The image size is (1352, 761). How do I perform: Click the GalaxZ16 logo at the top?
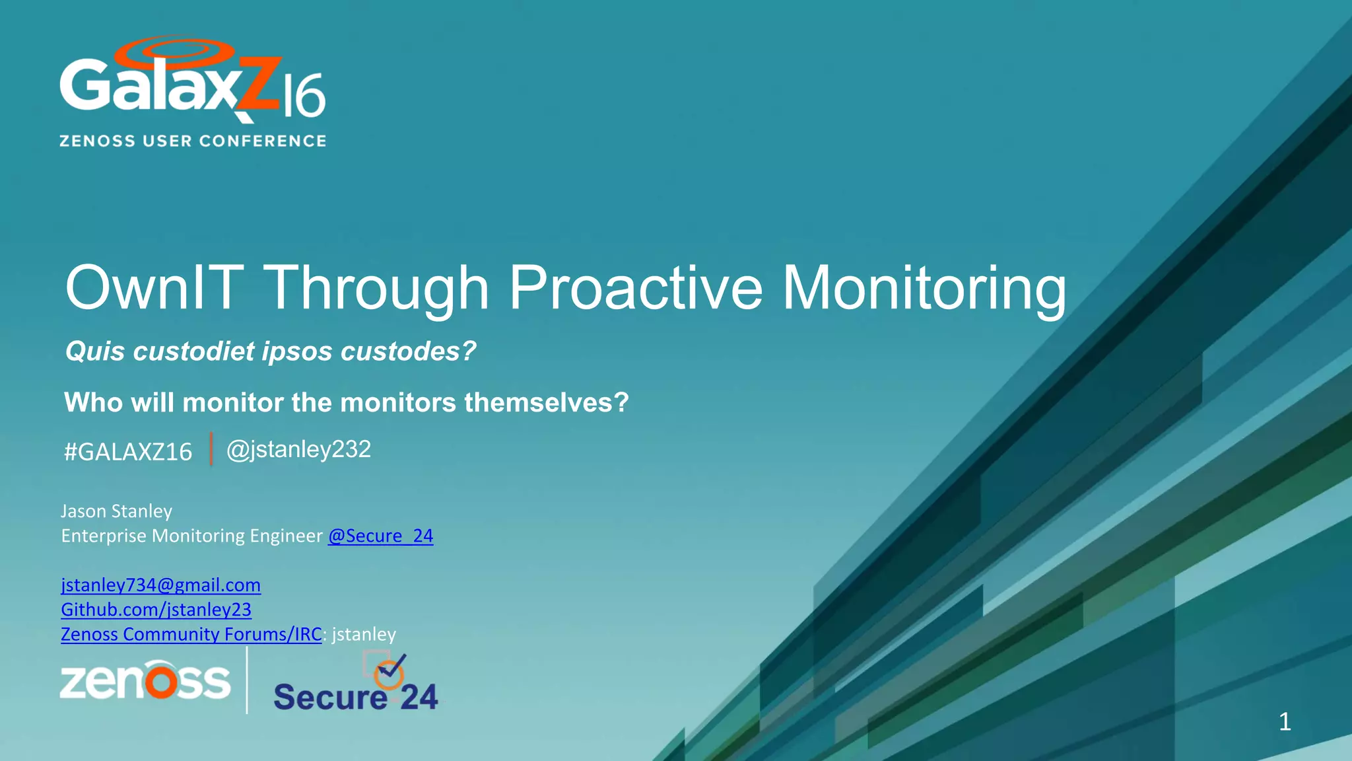point(191,83)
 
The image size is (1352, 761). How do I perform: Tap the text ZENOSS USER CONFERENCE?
point(193,141)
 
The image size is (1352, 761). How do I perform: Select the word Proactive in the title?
point(636,288)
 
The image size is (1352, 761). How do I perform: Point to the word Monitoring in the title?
point(924,288)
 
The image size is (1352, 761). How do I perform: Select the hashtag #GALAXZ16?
point(128,452)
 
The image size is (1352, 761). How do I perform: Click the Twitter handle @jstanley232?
point(298,450)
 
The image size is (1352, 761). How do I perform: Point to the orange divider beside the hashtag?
point(211,449)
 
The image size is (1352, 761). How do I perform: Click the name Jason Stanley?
point(116,511)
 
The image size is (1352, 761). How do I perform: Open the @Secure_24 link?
point(380,536)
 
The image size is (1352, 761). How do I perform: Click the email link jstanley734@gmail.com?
point(160,585)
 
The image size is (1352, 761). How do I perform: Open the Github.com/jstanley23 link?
point(156,610)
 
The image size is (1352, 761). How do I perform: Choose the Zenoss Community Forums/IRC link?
point(191,634)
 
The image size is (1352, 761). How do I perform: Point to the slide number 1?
point(1285,721)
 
